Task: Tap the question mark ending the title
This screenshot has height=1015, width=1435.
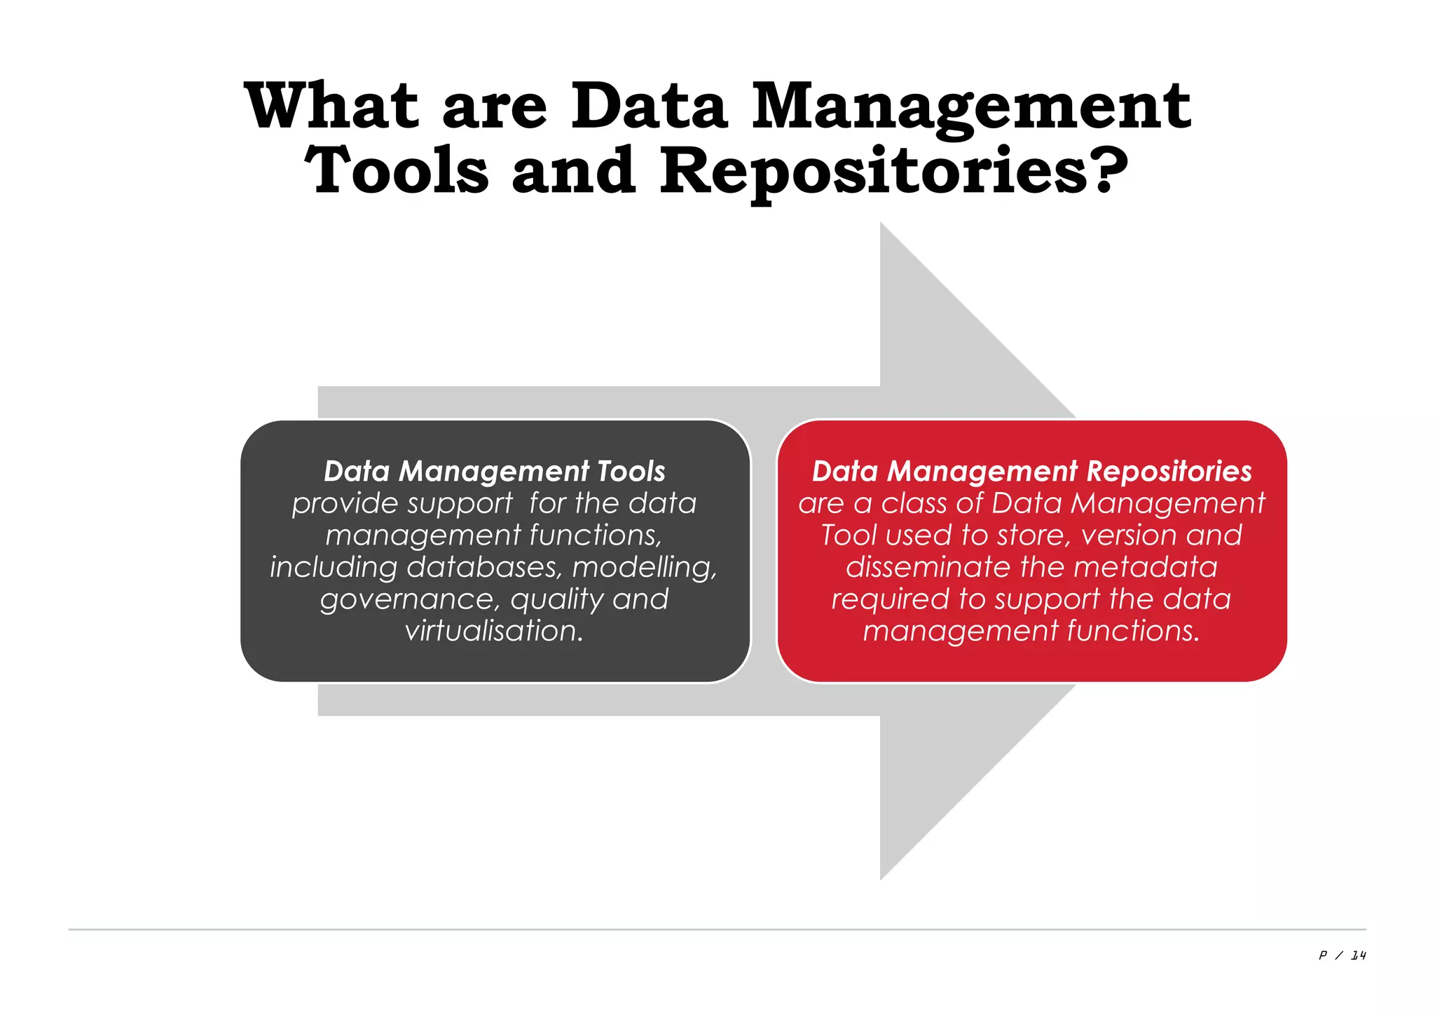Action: [1109, 170]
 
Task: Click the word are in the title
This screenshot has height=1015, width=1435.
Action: [494, 109]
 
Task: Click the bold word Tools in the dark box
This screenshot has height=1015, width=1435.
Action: [631, 471]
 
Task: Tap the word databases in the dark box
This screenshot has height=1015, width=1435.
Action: [484, 567]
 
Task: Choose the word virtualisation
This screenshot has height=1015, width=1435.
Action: [493, 631]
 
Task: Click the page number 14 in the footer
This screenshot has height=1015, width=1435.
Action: [1358, 955]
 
